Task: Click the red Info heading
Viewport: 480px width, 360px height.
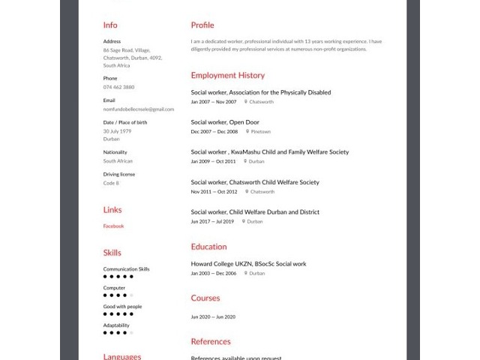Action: pyautogui.click(x=110, y=25)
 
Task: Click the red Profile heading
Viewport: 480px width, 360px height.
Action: pyautogui.click(x=202, y=25)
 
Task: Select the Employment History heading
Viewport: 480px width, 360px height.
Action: pyautogui.click(x=227, y=76)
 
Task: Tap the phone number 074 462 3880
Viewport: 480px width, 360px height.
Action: pyautogui.click(x=118, y=87)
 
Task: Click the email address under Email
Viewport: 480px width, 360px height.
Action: pyautogui.click(x=138, y=109)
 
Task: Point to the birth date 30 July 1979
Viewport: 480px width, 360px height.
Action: pyautogui.click(x=117, y=130)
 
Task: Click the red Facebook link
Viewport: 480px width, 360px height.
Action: pyautogui.click(x=113, y=226)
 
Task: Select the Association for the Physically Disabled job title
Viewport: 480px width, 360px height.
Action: pyautogui.click(x=260, y=93)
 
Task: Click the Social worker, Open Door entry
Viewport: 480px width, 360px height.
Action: pyautogui.click(x=224, y=122)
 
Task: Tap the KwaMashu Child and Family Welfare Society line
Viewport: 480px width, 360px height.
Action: pyautogui.click(x=269, y=152)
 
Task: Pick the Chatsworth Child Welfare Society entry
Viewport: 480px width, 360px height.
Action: pyautogui.click(x=254, y=182)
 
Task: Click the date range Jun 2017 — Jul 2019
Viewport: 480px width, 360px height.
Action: pyautogui.click(x=212, y=221)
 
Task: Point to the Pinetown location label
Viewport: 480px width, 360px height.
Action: pyautogui.click(x=260, y=131)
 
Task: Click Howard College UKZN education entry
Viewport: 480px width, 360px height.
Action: pyautogui.click(x=248, y=264)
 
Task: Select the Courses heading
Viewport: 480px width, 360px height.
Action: pyautogui.click(x=205, y=298)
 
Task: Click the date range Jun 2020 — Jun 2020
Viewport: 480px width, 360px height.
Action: pyautogui.click(x=213, y=316)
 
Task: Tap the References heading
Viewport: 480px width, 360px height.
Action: pyautogui.click(x=211, y=342)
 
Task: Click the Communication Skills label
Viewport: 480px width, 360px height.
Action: pyautogui.click(x=126, y=269)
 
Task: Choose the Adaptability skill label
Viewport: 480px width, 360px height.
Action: pyautogui.click(x=116, y=325)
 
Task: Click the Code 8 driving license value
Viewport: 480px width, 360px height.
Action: pyautogui.click(x=111, y=182)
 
